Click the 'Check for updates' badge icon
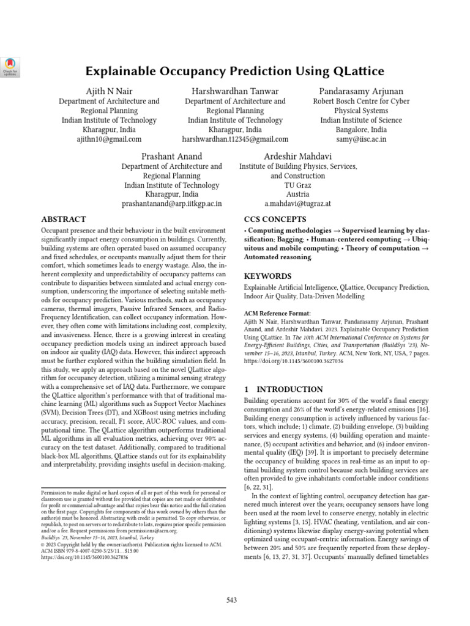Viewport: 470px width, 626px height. coord(10,65)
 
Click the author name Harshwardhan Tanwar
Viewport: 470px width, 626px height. coord(235,91)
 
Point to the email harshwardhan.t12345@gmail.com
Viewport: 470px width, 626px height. coord(235,140)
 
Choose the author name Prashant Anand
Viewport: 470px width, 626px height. coord(172,156)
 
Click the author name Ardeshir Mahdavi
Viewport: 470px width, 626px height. coord(298,156)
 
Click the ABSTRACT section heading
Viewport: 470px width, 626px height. coord(63,219)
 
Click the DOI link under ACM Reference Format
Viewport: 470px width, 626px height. coord(294,361)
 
